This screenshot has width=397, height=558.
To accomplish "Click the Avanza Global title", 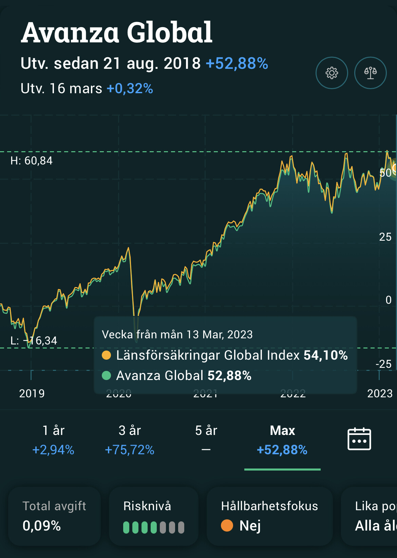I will (x=116, y=33).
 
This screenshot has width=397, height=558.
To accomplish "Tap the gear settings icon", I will (x=332, y=73).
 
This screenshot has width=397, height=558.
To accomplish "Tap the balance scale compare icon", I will (x=370, y=73).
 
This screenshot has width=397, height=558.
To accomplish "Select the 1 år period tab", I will (x=53, y=440).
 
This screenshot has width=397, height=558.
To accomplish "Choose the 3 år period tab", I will (x=130, y=440).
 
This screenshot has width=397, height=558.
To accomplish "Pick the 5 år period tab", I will (x=206, y=440).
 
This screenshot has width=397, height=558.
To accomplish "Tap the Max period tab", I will (x=282, y=440).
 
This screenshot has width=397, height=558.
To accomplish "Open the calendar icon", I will (x=359, y=439).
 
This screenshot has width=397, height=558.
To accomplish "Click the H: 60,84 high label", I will (x=32, y=161).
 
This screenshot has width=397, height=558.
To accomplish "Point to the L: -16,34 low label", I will (x=34, y=340).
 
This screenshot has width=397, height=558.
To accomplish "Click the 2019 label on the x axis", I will (x=32, y=394).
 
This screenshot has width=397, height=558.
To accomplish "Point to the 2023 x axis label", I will (x=380, y=394).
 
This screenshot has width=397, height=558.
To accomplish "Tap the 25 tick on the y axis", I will (x=385, y=237).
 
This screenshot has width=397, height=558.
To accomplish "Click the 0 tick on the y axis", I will (x=389, y=300).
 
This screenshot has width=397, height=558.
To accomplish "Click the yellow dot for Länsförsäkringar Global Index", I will (x=107, y=355).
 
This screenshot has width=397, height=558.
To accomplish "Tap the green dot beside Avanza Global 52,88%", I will (x=107, y=376).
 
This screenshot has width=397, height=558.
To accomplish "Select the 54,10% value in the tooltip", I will (x=325, y=355).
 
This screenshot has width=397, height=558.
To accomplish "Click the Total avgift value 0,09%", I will (x=42, y=526).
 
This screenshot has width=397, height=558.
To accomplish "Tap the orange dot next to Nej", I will (x=227, y=526).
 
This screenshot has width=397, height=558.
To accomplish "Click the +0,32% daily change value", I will (x=130, y=89).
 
